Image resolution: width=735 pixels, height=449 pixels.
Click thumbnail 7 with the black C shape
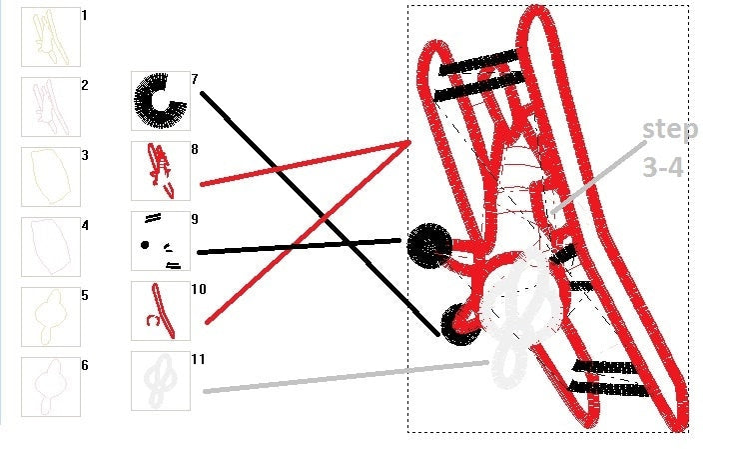161,101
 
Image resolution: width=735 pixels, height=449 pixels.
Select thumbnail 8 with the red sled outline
161,171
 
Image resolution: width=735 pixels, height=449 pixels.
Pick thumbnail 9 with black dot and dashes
161,241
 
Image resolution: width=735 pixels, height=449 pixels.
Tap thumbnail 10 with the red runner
161,311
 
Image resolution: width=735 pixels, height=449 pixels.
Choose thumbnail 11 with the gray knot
161,381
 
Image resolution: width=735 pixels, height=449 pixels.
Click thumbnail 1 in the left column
51,37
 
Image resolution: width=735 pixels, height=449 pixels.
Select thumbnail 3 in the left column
51,176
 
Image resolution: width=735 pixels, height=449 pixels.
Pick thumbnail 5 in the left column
51,317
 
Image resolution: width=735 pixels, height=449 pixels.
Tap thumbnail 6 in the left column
51,387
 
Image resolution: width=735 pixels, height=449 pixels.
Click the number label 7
195,79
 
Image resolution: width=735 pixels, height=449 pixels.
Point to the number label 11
199,359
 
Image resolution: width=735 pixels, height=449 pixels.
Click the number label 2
84,85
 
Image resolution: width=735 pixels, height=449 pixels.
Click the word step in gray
670,130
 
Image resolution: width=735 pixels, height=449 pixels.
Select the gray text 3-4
663,167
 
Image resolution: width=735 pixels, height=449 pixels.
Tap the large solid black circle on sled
429,246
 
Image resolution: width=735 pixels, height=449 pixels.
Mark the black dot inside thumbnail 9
145,244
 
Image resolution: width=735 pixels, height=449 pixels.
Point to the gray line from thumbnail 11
347,376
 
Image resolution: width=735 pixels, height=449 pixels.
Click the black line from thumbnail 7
321,214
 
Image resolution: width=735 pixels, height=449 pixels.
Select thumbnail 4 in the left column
51,247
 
